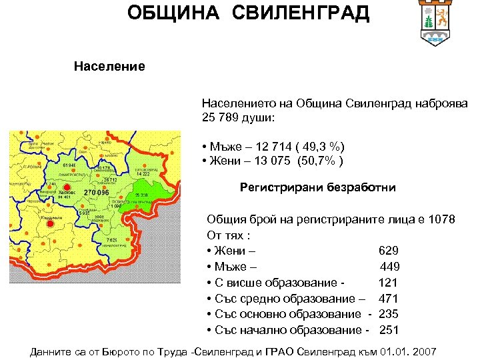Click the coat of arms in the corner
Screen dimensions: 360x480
click(437, 23)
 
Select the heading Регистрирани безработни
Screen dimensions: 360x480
click(317, 188)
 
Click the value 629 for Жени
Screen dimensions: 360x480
click(388, 251)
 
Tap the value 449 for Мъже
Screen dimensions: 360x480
click(389, 267)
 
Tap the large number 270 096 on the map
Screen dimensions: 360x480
click(96, 193)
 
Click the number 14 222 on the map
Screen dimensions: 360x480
click(143, 173)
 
